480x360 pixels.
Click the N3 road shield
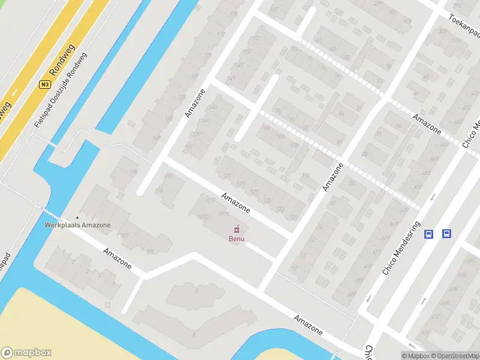pyautogui.click(x=44, y=85)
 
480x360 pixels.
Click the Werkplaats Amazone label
pyautogui.click(x=78, y=225)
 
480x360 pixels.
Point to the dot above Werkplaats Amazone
pyautogui.click(x=77, y=218)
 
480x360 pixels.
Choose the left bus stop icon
pyautogui.click(x=429, y=234)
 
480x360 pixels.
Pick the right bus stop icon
pyautogui.click(x=447, y=234)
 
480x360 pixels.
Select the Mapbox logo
pyautogui.click(x=27, y=353)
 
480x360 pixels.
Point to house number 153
pyautogui.click(x=256, y=39)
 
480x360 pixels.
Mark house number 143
pyautogui.click(x=212, y=108)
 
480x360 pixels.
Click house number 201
pyautogui.click(x=125, y=235)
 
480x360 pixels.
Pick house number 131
pyautogui.click(x=227, y=175)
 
